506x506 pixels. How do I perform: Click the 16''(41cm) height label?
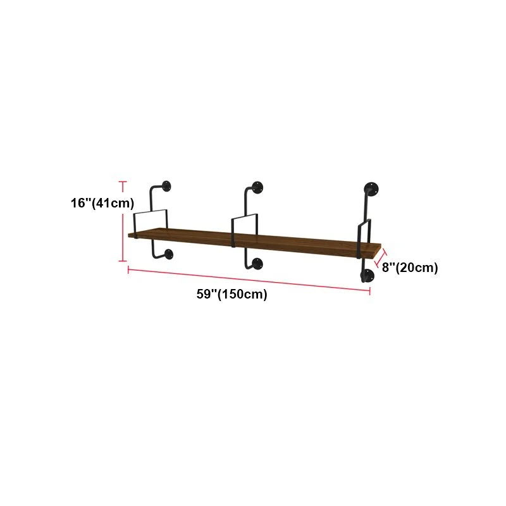[x=102, y=203]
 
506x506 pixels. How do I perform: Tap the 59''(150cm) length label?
[x=232, y=294]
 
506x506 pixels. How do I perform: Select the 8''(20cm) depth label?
[x=410, y=268]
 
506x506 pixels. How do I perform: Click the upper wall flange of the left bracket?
[x=166, y=186]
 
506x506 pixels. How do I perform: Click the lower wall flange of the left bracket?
[x=168, y=254]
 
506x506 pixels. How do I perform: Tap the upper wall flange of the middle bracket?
[x=257, y=187]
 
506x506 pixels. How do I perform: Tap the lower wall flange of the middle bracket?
[x=257, y=264]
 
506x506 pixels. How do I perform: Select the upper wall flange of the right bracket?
[x=371, y=188]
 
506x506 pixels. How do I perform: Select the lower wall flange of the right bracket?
[x=367, y=275]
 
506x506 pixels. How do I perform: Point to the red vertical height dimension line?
[x=123, y=221]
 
